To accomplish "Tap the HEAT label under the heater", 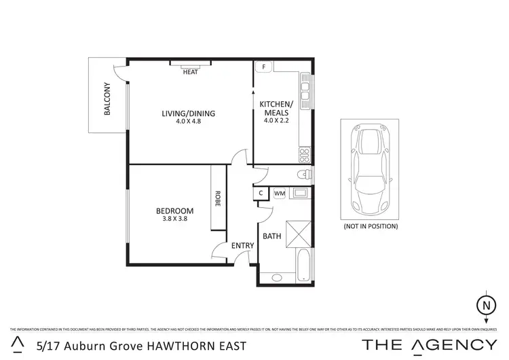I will [x=191, y=72].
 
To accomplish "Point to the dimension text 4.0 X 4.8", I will [x=188, y=122].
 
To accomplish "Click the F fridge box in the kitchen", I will [x=263, y=67].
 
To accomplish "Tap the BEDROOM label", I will [x=174, y=211].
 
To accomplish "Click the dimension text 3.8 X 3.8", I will [x=174, y=219].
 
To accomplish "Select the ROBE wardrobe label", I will [x=218, y=199].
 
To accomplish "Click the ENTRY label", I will [x=242, y=246].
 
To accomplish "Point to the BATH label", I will [x=272, y=237].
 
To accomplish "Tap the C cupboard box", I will [x=261, y=194].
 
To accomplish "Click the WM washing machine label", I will [x=280, y=194].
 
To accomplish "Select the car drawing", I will [x=371, y=168].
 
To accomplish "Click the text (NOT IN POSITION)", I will [x=371, y=226].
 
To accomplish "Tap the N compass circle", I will [x=485, y=305].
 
